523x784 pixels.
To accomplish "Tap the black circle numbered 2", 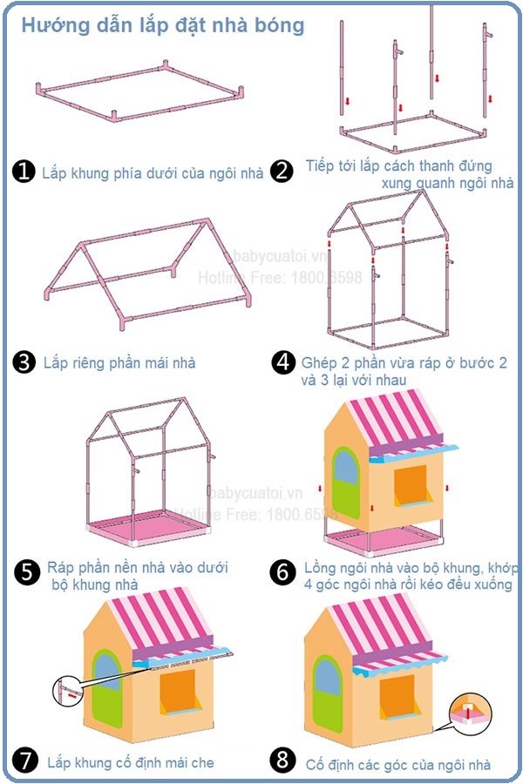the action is click(282, 171).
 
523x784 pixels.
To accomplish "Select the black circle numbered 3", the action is click(24, 362).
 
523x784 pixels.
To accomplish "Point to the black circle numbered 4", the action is click(283, 362).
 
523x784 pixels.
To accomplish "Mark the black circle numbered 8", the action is click(282, 760).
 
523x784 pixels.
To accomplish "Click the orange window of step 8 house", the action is click(397, 697).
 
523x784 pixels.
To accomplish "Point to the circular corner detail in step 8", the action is click(470, 713).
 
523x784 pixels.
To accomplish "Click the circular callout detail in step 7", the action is click(68, 691).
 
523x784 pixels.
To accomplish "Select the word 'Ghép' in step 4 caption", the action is click(320, 363).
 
